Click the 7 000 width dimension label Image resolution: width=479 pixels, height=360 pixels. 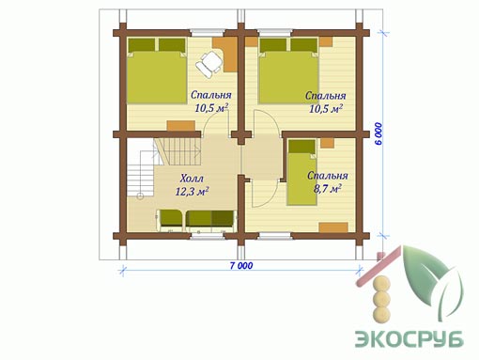coord(241,266)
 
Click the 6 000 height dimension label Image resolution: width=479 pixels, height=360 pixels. coord(379,133)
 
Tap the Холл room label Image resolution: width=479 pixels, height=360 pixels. coord(192,179)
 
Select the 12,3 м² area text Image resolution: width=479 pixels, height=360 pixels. coord(192,191)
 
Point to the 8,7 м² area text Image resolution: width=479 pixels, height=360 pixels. coord(328,189)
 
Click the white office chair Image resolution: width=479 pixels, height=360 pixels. coord(209,64)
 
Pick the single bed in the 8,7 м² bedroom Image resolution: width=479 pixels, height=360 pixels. coord(301,172)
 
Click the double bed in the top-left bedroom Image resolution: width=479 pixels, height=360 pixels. coord(157,70)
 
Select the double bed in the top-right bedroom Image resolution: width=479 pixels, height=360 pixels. coord(288,70)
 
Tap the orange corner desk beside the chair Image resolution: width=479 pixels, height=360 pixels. coord(227,54)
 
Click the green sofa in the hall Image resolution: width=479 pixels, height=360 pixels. coord(210,220)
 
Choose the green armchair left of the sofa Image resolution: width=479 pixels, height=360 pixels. coord(171,220)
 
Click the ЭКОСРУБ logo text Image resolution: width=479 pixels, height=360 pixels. coord(409,338)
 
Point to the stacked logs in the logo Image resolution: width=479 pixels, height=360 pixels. coord(381,300)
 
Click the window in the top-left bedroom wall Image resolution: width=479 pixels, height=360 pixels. coord(208,33)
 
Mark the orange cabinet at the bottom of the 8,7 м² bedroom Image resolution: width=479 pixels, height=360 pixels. coord(333,227)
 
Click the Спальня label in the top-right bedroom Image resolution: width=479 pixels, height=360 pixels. coord(326,96)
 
